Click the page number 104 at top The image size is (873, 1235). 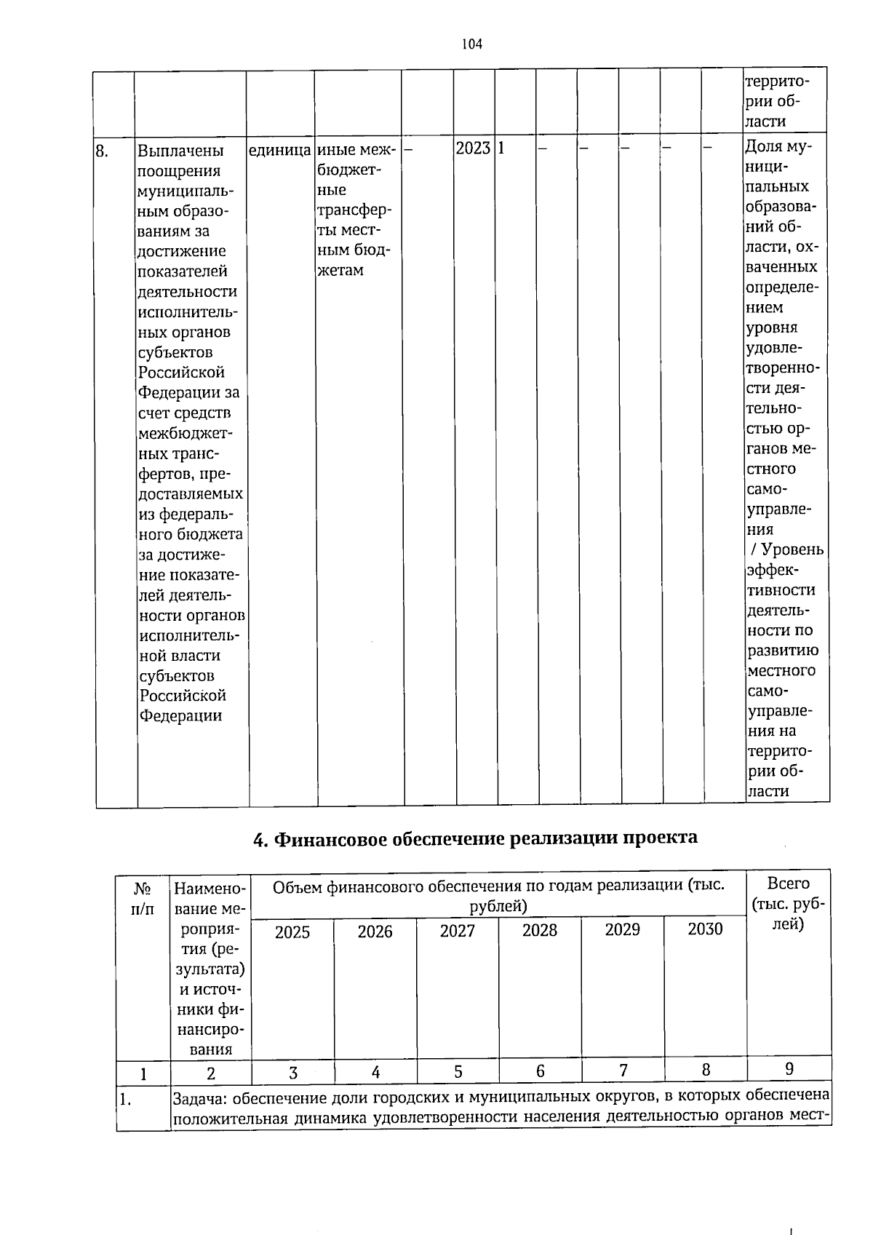tap(471, 44)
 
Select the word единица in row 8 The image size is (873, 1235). tap(280, 151)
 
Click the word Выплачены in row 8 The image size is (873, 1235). tap(180, 151)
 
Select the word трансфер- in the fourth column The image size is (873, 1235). tap(354, 211)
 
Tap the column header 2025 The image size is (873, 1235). tap(292, 933)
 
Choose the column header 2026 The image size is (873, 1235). tap(375, 932)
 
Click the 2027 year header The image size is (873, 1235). tap(457, 932)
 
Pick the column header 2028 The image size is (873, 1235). tap(540, 931)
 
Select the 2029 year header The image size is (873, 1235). tap(623, 930)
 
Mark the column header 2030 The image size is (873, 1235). tap(705, 929)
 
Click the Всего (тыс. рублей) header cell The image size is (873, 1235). tap(789, 904)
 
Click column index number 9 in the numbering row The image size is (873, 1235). tap(789, 1068)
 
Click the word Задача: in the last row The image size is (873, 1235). tap(201, 1097)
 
